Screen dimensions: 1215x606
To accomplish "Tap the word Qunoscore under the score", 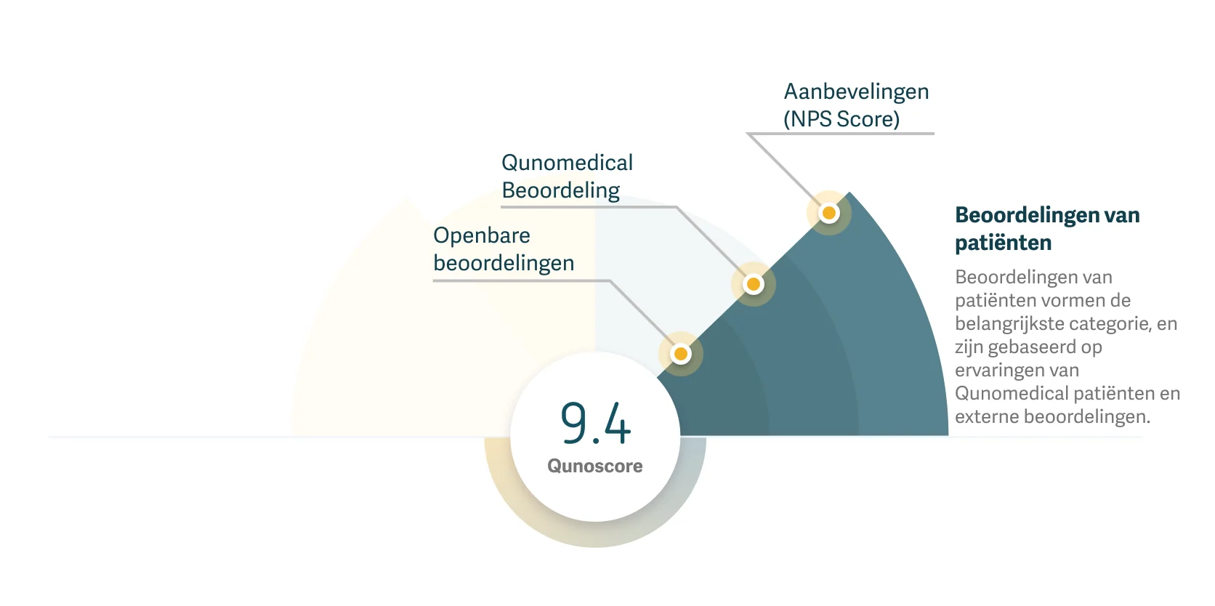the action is click(x=594, y=466).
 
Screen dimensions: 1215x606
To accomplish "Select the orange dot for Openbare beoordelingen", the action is click(x=681, y=354).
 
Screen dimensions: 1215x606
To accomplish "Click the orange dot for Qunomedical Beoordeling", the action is click(x=754, y=284).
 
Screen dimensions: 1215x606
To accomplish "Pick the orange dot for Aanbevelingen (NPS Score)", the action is click(x=828, y=213).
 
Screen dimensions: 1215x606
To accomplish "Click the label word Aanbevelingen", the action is click(x=856, y=92).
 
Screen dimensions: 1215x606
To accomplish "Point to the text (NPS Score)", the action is click(x=841, y=119).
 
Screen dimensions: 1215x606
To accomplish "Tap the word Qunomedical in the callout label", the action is click(x=567, y=163).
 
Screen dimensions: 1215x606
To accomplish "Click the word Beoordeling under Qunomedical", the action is click(x=560, y=190).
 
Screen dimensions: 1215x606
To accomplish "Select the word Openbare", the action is click(x=481, y=235).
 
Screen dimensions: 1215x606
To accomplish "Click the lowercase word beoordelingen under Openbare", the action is click(x=504, y=263).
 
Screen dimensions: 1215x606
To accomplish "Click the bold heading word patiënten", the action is click(x=1003, y=243).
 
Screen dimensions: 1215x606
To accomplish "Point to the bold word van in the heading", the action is click(x=1121, y=215).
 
